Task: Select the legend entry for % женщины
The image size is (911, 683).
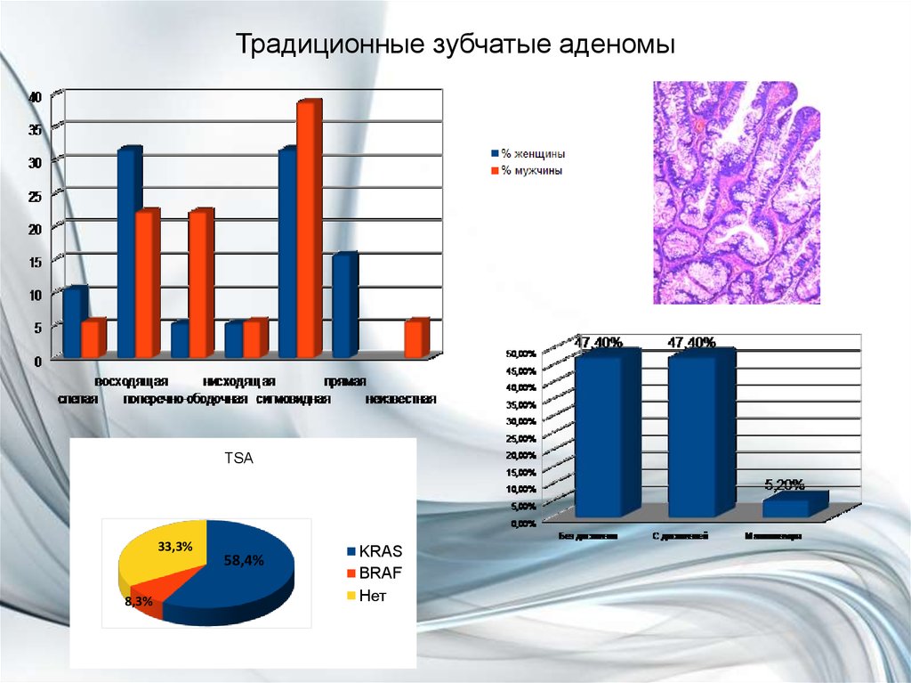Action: tap(531, 154)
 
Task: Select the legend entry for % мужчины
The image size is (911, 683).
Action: tap(531, 170)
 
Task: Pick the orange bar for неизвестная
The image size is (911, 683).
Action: tap(415, 339)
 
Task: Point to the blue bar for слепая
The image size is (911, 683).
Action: tap(75, 322)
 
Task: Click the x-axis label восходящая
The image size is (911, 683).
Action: tap(132, 381)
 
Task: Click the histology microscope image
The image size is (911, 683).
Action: tap(737, 192)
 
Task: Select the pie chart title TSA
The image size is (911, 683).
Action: tap(241, 460)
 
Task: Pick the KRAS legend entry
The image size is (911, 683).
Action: tap(379, 552)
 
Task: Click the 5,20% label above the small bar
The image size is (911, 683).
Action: tap(785, 484)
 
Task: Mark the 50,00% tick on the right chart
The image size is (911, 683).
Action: tap(522, 354)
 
